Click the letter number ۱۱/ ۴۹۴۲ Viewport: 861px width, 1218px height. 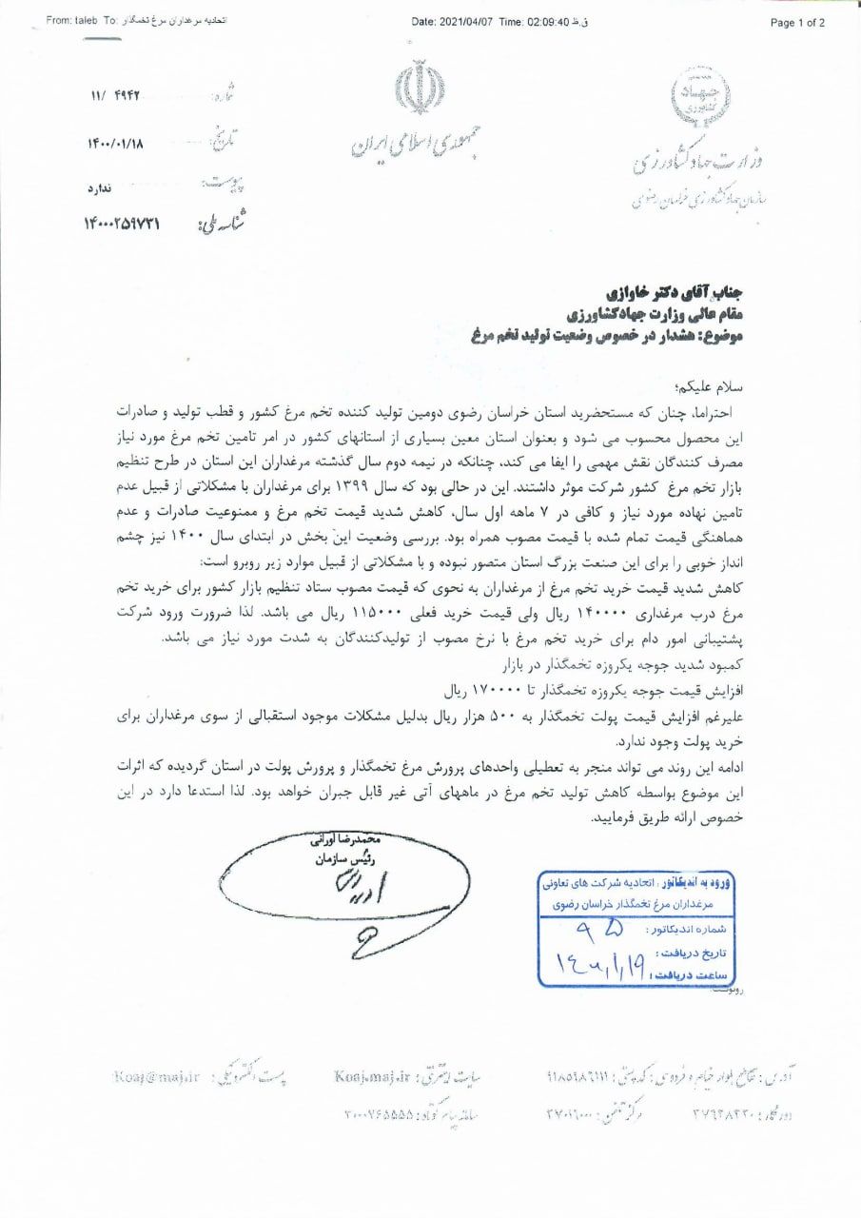116,96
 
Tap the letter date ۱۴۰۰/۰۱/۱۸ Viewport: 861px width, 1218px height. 120,144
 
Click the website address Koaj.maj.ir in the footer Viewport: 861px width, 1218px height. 370,1076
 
